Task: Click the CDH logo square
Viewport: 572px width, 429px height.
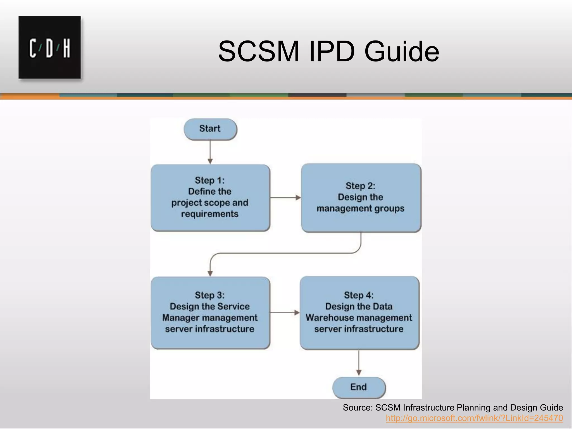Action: (x=50, y=47)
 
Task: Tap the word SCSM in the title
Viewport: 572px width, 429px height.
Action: (x=259, y=52)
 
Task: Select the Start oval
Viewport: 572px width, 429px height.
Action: (x=210, y=129)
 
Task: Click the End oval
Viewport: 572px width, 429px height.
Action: (x=359, y=387)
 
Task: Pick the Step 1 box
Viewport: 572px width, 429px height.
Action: (x=210, y=197)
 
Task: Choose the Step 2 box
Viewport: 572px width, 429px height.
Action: (x=361, y=197)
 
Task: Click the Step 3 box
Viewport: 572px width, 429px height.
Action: (x=210, y=313)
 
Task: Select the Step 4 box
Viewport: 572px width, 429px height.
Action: (x=359, y=313)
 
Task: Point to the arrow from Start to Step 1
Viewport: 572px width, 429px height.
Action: (x=210, y=152)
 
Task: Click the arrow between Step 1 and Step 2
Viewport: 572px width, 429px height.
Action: (x=285, y=197)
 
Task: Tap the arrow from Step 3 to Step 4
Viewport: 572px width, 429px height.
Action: (x=285, y=313)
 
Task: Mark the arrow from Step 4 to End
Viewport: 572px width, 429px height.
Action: (x=359, y=363)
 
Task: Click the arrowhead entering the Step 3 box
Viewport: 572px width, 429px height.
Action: (x=210, y=273)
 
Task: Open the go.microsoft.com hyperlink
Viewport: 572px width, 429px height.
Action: (x=474, y=418)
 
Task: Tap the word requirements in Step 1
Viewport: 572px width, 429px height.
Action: (x=210, y=214)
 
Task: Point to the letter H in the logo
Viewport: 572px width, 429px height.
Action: (x=66, y=48)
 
